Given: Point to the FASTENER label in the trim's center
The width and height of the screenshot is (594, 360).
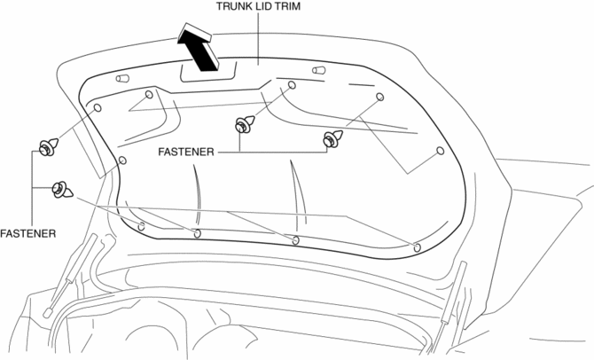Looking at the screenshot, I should [x=186, y=153].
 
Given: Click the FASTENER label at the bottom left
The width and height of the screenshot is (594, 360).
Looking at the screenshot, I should [x=28, y=234].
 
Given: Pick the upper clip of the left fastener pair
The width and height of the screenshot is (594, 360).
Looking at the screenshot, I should [x=47, y=145].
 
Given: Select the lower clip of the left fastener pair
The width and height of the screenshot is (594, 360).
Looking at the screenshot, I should [x=63, y=189].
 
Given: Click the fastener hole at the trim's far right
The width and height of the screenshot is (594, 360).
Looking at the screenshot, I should [x=439, y=152].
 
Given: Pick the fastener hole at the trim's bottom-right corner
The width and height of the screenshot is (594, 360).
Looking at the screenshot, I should [x=417, y=247].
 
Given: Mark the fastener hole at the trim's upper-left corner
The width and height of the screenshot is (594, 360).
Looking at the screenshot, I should [x=98, y=107].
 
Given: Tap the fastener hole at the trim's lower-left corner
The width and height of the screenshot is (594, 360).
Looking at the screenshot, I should [x=142, y=225].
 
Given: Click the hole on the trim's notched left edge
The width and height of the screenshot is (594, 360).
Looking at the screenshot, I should [x=122, y=160].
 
